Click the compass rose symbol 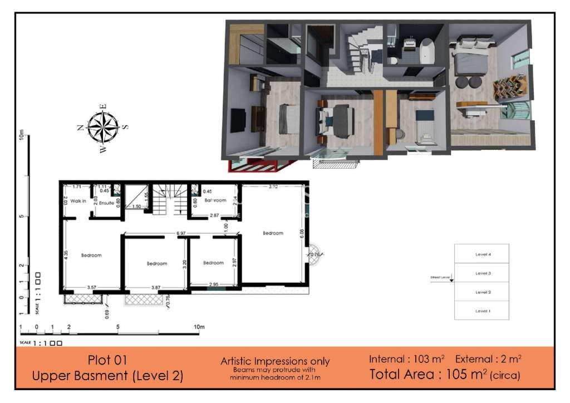coord(103,127)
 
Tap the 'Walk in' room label coord(78,201)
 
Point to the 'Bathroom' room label coord(215,200)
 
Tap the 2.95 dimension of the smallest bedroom coord(213,285)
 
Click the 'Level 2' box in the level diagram coord(482,292)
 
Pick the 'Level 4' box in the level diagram coord(482,254)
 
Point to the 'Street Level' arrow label coord(440,277)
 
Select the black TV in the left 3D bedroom coord(238,121)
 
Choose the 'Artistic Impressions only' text coord(275,362)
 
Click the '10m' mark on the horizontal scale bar coord(198,327)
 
